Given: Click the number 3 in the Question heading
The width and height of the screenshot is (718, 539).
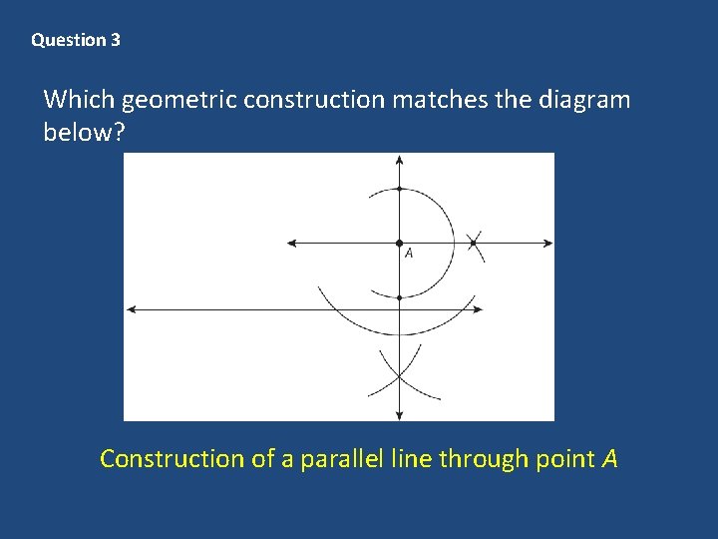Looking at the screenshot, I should [116, 41].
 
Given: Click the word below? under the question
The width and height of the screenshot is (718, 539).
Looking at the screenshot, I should [84, 133].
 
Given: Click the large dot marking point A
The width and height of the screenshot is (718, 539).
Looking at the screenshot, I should [399, 243].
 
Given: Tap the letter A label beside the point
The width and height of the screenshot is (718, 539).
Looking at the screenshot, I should [409, 255].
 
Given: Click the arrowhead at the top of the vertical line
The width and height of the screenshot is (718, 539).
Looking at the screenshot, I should [399, 160].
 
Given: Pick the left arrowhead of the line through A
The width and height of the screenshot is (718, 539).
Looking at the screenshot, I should [291, 243].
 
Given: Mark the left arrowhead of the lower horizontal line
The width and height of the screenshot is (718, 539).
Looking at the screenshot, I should [132, 309].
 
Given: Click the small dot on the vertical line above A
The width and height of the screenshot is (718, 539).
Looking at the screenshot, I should [399, 188].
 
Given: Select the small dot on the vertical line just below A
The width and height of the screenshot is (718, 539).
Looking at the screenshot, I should [399, 297].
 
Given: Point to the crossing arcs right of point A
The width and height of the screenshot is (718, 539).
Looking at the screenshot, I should [474, 243].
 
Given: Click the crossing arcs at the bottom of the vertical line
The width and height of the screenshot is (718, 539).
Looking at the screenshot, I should [399, 376].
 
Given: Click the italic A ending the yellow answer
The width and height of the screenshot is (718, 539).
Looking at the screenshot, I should [608, 459].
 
